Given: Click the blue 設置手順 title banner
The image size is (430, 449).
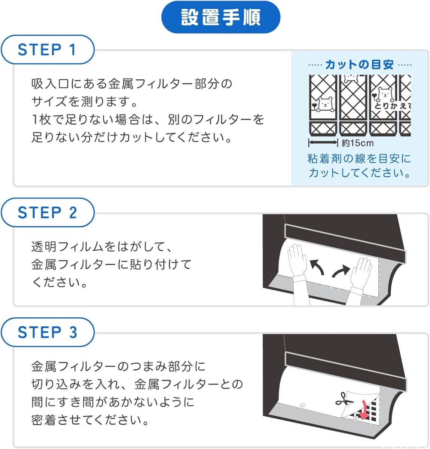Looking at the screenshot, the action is point(220,17).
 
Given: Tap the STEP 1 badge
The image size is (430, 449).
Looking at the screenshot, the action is point(48,49).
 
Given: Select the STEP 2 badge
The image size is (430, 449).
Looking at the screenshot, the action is point(48,212).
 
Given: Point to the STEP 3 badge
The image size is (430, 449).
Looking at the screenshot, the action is point(48,332).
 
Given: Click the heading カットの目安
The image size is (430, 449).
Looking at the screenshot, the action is point(360,65).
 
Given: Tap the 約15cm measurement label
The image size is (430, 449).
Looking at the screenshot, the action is point(357,143).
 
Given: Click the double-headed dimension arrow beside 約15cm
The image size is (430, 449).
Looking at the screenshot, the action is point(323,143).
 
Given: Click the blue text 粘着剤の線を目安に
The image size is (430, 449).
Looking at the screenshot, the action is point(359,159).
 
